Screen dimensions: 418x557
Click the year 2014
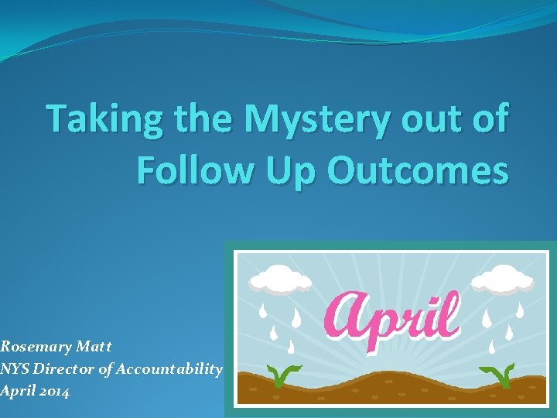53,392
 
